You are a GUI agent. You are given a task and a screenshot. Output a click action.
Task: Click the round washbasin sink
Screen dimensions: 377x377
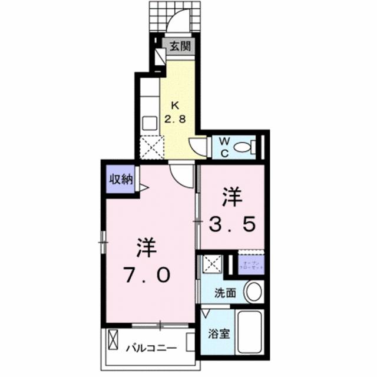point(254,291)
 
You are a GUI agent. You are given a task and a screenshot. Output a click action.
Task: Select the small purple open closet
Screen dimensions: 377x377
point(250,264)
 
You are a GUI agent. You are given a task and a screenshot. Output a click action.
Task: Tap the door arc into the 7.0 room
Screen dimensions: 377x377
point(182,174)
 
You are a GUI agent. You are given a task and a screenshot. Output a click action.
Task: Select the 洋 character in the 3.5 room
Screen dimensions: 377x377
point(231,196)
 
